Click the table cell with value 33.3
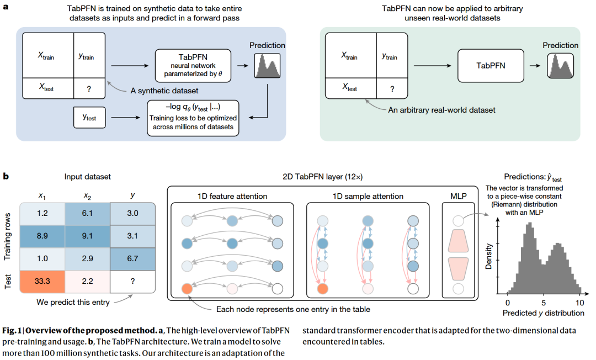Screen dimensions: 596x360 [x=42, y=281]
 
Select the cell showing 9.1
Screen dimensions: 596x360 [x=87, y=236]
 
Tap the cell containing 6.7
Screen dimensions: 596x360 [x=132, y=259]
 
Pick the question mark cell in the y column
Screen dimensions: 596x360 [x=132, y=281]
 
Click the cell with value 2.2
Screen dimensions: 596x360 [x=87, y=281]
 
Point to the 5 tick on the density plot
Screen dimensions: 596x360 [x=544, y=303]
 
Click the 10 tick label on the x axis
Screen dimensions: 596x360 [x=579, y=303]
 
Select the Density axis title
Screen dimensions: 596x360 [x=488, y=257]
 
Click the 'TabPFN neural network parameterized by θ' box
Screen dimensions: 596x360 [x=193, y=65]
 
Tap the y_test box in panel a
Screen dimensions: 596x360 [x=89, y=118]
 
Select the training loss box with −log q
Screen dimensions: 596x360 [x=193, y=118]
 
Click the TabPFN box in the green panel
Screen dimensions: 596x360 [x=491, y=65]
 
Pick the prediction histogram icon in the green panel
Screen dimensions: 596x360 [x=561, y=66]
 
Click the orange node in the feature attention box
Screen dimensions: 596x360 [x=187, y=289]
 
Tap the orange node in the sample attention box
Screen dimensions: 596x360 [x=323, y=289]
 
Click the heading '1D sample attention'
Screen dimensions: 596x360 [x=368, y=196]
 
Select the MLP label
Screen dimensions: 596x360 [x=459, y=196]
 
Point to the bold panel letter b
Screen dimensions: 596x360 [x=6, y=176]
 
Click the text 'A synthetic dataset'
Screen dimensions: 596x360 [x=164, y=91]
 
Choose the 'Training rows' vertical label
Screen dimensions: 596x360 [x=7, y=236]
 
